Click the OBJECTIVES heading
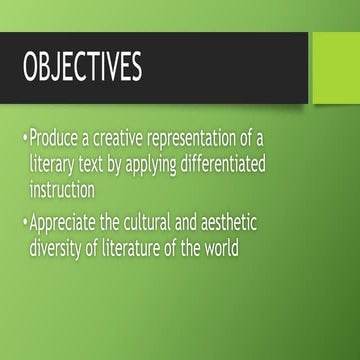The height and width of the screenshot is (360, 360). [x=83, y=68]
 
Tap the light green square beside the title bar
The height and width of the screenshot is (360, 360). [x=336, y=67]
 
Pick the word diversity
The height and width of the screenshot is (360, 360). [x=60, y=242]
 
